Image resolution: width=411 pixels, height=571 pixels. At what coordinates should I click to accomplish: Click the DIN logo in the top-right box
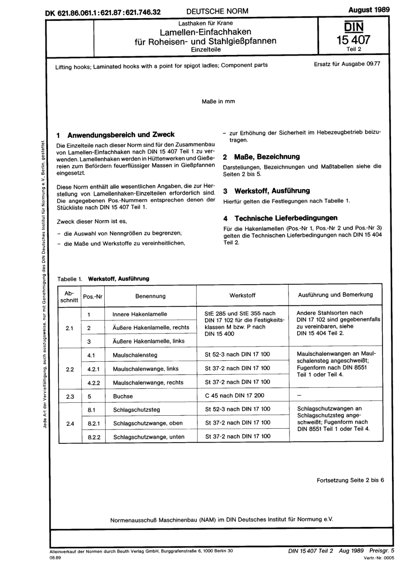(353, 26)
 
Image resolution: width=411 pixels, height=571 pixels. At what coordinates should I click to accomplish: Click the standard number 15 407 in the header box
(353, 40)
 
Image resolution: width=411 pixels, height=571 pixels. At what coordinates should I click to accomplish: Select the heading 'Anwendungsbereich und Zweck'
(121, 135)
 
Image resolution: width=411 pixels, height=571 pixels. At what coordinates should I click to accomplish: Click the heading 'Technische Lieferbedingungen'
(286, 218)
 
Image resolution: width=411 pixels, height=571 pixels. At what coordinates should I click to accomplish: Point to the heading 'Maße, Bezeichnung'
(267, 157)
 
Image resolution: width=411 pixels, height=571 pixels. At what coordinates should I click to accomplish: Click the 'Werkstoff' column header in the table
(242, 295)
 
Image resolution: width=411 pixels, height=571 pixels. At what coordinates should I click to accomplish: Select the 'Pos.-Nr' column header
(93, 296)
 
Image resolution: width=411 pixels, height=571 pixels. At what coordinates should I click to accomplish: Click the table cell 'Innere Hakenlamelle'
(139, 314)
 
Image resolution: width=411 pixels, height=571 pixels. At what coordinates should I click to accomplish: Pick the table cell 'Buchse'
(123, 396)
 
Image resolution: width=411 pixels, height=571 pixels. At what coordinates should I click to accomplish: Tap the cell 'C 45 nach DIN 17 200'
(234, 395)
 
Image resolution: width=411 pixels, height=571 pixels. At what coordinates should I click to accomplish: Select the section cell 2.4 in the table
(70, 423)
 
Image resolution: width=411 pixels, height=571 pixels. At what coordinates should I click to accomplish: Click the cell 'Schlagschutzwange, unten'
(149, 437)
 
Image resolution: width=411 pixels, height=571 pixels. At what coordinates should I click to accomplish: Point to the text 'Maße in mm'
(218, 101)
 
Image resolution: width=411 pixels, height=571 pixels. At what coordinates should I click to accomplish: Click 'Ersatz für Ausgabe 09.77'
(347, 64)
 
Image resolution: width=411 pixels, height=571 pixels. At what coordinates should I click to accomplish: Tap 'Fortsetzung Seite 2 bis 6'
(350, 480)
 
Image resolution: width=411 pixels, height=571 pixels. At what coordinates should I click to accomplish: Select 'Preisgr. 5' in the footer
(382, 551)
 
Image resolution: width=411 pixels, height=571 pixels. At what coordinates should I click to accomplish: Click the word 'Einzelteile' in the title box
(206, 49)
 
